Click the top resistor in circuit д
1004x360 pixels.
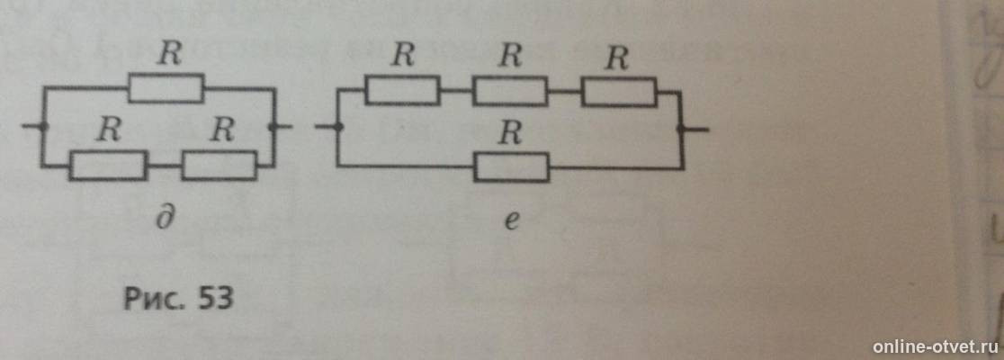point(166,88)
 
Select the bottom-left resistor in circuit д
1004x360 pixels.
point(108,166)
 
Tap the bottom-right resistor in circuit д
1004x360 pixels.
point(220,166)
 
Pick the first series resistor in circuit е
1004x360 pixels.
point(403,90)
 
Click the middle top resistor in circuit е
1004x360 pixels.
point(510,91)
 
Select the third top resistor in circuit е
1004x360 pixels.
point(619,92)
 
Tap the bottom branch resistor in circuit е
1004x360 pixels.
point(512,167)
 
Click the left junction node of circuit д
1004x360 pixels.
point(43,126)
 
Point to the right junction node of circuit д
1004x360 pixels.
point(274,127)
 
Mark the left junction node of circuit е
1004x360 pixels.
point(337,128)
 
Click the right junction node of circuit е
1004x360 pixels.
point(682,130)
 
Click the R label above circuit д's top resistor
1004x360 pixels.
point(169,55)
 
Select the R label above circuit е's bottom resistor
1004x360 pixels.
point(510,133)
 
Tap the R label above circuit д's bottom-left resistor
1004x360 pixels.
point(109,131)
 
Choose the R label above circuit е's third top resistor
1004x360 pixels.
point(617,58)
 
